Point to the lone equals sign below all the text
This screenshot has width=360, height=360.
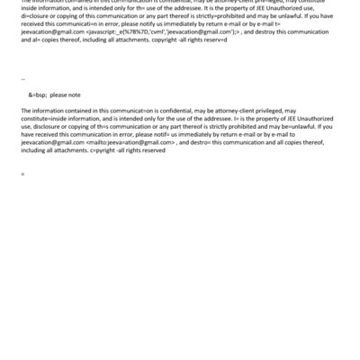click(22, 173)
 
